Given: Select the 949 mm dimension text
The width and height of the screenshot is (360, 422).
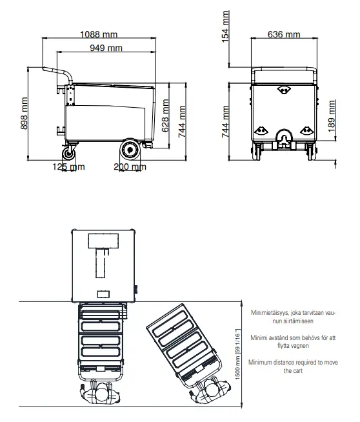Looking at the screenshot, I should click(106, 48).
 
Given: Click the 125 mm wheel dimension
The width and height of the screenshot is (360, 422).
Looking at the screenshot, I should click(68, 167).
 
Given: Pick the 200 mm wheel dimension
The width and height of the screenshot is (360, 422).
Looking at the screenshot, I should click(130, 167).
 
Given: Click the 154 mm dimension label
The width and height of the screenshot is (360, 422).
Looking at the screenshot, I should click(225, 25).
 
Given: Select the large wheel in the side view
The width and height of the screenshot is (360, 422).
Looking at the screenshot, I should click(130, 150).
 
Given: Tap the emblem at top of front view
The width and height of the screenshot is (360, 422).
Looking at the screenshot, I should click(284, 90).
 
